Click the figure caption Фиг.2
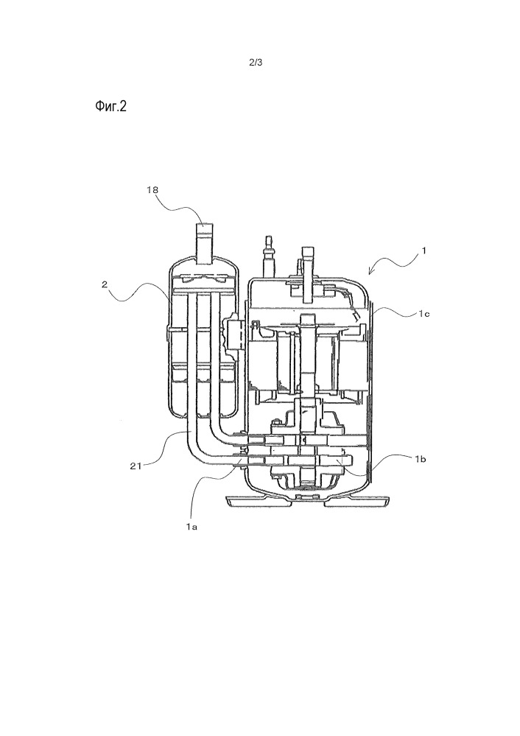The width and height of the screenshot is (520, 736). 111,108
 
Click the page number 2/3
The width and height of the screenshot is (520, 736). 257,63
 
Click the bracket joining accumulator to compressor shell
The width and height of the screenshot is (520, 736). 236,334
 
